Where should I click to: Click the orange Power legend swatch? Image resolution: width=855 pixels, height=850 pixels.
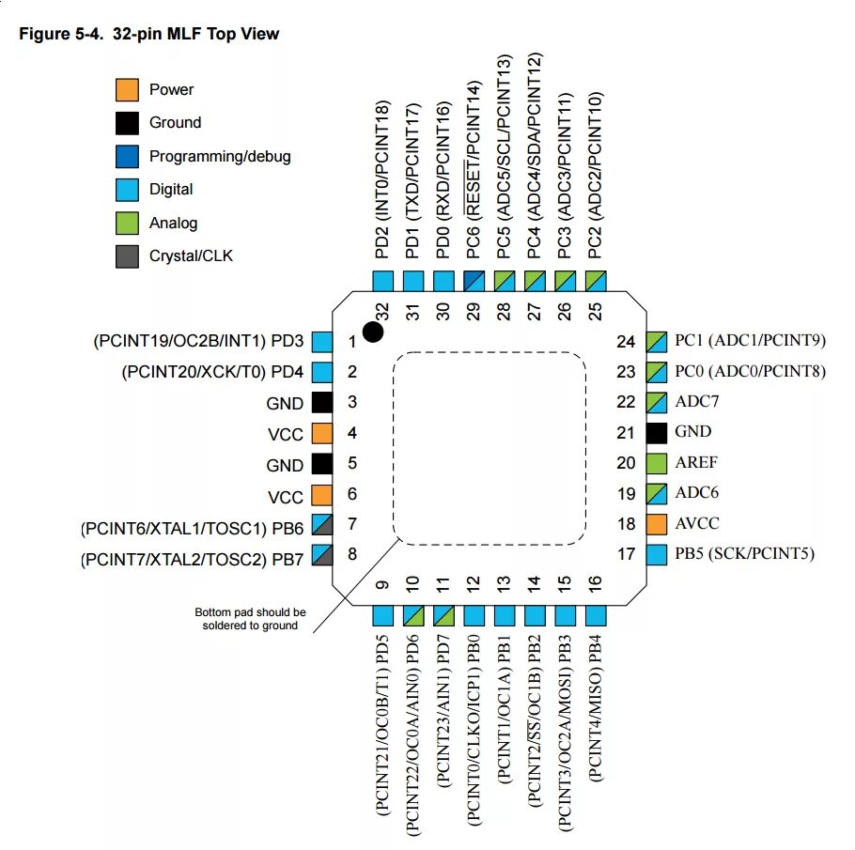(127, 89)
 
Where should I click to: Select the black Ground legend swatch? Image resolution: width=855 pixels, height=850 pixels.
(127, 122)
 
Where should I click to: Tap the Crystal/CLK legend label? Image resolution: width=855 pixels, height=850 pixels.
(191, 255)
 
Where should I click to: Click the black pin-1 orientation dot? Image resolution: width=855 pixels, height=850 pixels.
(374, 332)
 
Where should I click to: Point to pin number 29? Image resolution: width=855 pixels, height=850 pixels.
(473, 312)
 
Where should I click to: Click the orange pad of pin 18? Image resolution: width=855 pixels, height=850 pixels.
(658, 523)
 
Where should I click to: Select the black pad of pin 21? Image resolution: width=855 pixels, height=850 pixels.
(658, 432)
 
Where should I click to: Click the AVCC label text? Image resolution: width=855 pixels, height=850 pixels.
(697, 523)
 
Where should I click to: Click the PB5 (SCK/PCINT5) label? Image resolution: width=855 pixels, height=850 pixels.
(744, 553)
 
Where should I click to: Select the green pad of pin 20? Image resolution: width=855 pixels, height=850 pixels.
(658, 462)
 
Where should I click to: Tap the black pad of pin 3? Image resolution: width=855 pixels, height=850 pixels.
(322, 403)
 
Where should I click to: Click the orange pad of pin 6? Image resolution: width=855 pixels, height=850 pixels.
(322, 495)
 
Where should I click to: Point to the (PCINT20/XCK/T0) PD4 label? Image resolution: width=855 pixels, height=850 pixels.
(212, 372)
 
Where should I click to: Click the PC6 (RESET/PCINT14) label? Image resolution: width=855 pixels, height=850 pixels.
(474, 178)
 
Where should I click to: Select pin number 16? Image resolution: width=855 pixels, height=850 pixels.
(595, 584)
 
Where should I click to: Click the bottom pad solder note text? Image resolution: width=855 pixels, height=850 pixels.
(249, 618)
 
